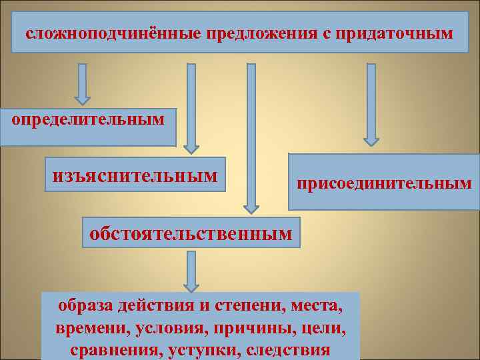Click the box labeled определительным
87,127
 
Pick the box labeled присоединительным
385,182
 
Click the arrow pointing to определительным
82,84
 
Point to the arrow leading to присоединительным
371,104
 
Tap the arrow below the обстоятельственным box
191,271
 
